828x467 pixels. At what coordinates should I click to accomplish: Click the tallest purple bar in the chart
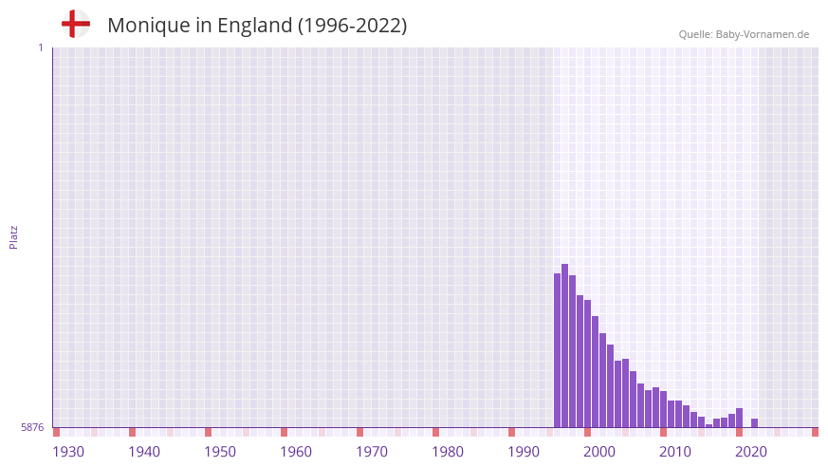pyautogui.click(x=564, y=346)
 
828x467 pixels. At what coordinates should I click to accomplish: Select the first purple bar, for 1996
pyautogui.click(x=557, y=350)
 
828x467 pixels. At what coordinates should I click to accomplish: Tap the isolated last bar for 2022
pyautogui.click(x=754, y=423)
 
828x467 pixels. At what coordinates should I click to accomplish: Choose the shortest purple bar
pyautogui.click(x=708, y=425)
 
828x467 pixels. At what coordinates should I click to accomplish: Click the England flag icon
pyautogui.click(x=76, y=25)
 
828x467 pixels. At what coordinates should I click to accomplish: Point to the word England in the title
pyautogui.click(x=253, y=26)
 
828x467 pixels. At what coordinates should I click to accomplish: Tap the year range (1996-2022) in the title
pyautogui.click(x=353, y=26)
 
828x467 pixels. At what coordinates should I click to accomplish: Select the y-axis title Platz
pyautogui.click(x=13, y=237)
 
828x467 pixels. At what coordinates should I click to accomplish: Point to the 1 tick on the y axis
pyautogui.click(x=40, y=47)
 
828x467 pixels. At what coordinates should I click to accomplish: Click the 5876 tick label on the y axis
pyautogui.click(x=32, y=427)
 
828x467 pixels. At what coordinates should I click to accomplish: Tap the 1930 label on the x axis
pyautogui.click(x=68, y=451)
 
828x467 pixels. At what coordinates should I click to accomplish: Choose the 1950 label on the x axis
pyautogui.click(x=220, y=451)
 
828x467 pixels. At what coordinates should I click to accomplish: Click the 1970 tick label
pyautogui.click(x=372, y=451)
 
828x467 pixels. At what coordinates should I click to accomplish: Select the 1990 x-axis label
pyautogui.click(x=524, y=451)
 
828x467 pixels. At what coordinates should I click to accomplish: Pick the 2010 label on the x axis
pyautogui.click(x=675, y=451)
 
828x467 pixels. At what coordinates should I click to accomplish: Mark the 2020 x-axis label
pyautogui.click(x=751, y=451)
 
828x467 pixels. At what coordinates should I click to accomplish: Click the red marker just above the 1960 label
pyautogui.click(x=284, y=432)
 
